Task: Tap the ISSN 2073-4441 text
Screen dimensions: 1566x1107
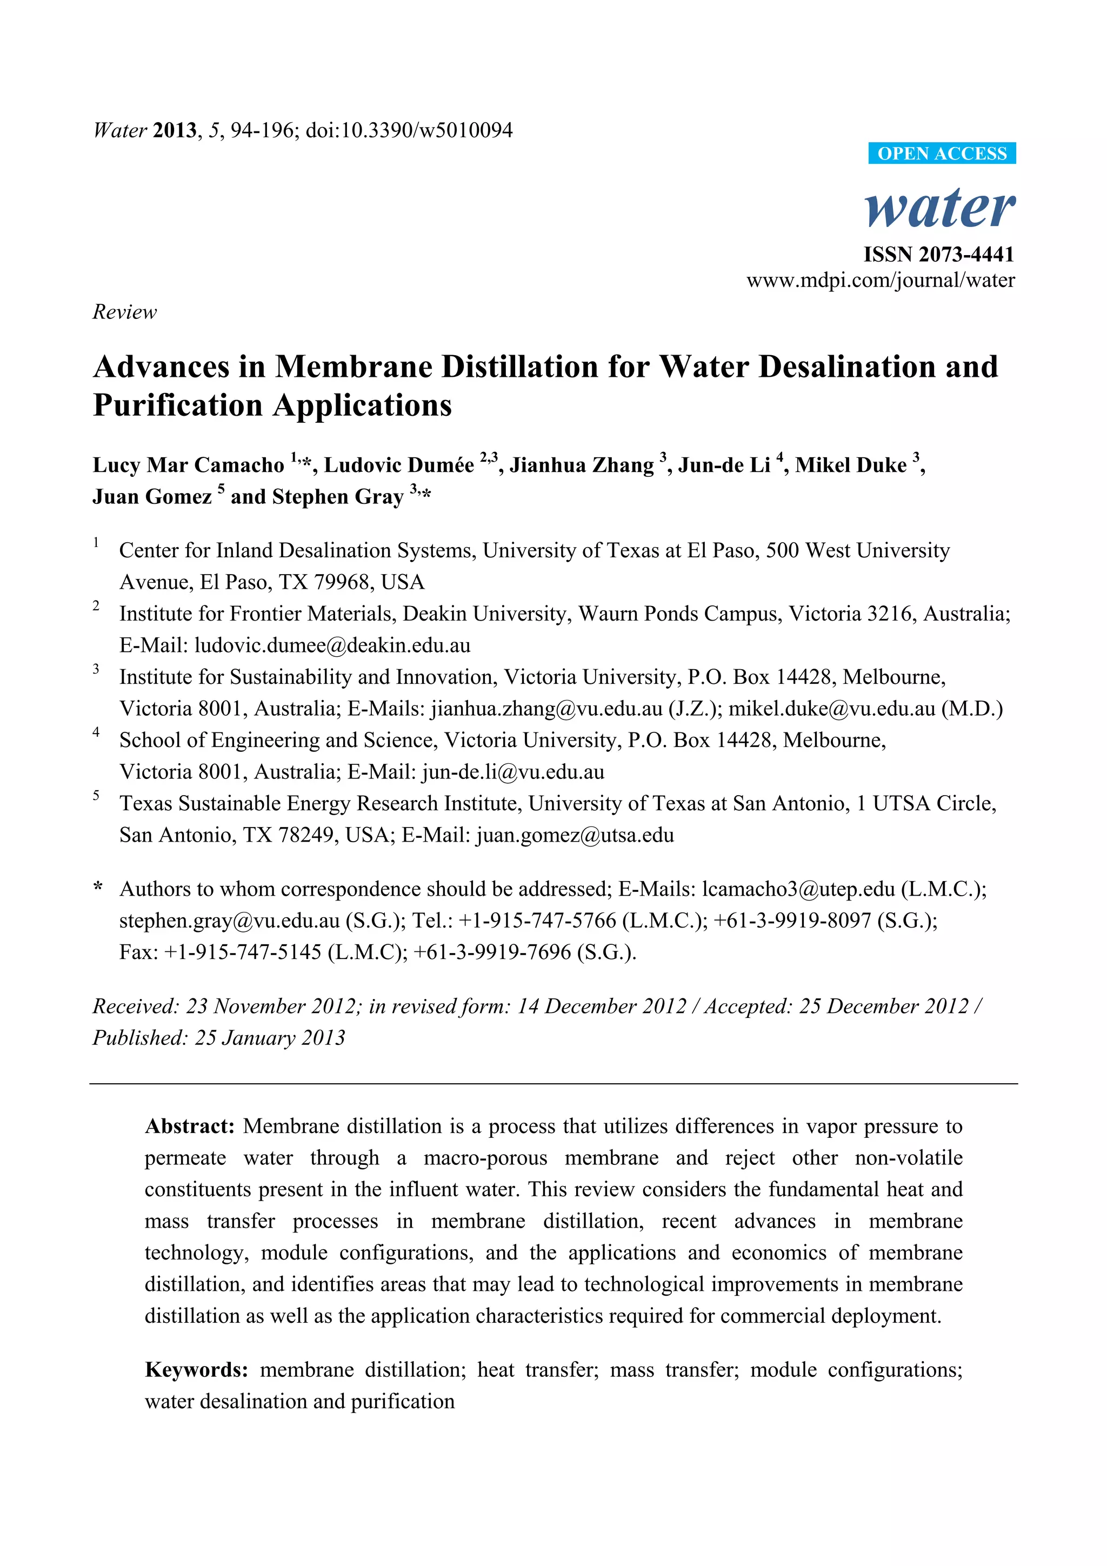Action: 938,255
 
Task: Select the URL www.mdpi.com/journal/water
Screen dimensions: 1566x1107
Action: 881,281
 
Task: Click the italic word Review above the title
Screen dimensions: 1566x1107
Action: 125,312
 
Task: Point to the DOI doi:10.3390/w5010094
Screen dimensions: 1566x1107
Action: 409,130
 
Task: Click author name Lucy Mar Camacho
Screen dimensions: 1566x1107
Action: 188,465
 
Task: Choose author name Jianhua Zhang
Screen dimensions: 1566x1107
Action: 582,465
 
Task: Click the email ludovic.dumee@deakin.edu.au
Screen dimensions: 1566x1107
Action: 332,645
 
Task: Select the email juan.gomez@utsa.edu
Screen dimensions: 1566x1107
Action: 575,835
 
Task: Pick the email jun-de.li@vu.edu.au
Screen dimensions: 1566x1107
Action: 514,772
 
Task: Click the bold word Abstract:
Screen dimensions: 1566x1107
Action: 190,1126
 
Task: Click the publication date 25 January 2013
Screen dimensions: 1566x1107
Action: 270,1038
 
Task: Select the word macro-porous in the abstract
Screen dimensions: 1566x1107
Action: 485,1158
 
